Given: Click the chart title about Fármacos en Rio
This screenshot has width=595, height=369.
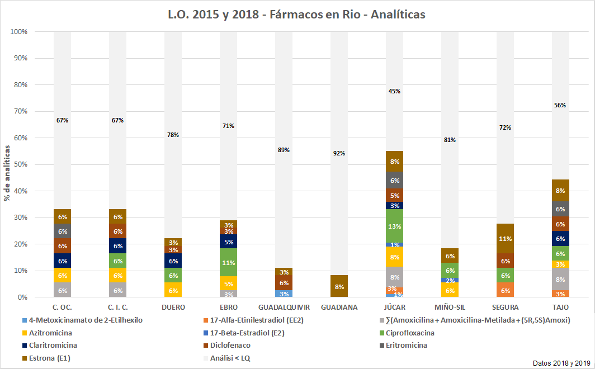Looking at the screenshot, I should pyautogui.click(x=297, y=15).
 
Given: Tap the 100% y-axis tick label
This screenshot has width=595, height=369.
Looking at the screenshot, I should pyautogui.click(x=18, y=32).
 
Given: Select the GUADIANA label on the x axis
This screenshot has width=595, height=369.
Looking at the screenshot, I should pyautogui.click(x=339, y=307).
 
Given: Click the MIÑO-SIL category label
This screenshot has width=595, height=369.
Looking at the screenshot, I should pyautogui.click(x=450, y=307).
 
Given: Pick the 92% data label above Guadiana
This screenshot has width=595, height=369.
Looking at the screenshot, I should pyautogui.click(x=339, y=153).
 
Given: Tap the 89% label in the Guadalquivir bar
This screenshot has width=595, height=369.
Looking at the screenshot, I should pyautogui.click(x=284, y=150).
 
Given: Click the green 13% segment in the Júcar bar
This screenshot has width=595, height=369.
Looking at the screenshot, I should pyautogui.click(x=394, y=226).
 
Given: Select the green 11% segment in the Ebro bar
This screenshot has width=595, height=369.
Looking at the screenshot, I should pyautogui.click(x=228, y=262).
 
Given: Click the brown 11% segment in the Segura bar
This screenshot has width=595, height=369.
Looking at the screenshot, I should pyautogui.click(x=505, y=239).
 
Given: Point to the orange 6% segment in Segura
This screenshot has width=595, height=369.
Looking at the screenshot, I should pyautogui.click(x=505, y=290).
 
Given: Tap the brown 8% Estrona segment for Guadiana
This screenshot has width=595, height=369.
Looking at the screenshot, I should pyautogui.click(x=339, y=286).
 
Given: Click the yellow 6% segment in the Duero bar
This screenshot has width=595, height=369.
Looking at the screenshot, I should pyautogui.click(x=173, y=290).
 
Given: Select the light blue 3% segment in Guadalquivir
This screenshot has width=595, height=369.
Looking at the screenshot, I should pyautogui.click(x=284, y=294).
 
